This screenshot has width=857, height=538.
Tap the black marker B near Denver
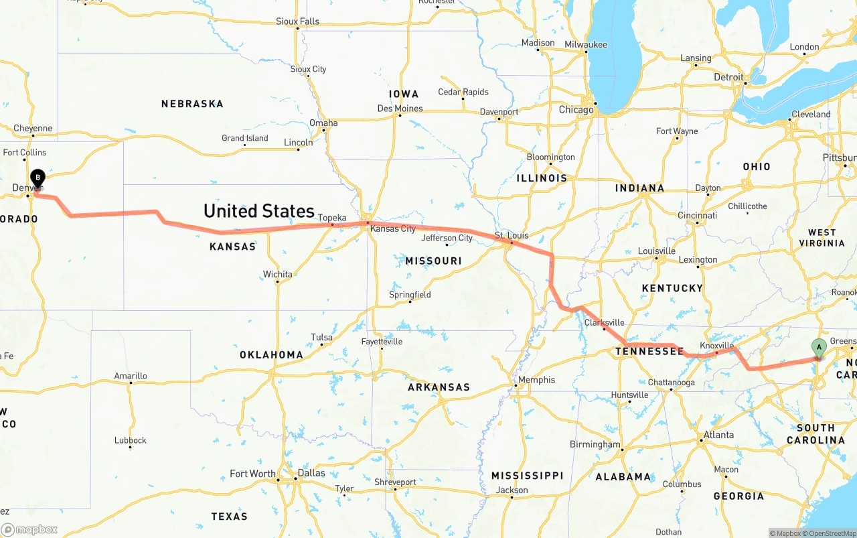click(38, 178)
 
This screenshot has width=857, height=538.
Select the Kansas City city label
click(393, 228)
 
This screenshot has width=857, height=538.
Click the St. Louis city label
click(512, 235)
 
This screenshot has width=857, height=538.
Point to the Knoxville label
click(716, 345)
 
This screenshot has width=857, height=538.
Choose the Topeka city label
click(332, 218)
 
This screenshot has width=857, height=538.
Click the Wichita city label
click(277, 274)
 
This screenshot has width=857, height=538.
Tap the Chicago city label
click(576, 110)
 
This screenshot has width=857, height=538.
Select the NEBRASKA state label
click(192, 104)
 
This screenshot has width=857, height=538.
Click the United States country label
click(259, 211)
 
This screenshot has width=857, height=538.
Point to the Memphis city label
click(536, 380)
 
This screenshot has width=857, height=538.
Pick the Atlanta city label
click(718, 435)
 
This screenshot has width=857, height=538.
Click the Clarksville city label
click(604, 322)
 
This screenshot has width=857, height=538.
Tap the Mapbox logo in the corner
click(29, 529)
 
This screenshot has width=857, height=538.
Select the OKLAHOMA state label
click(271, 354)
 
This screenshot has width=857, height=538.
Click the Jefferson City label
click(447, 238)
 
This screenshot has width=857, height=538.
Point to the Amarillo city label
click(131, 376)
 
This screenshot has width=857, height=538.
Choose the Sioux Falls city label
click(297, 21)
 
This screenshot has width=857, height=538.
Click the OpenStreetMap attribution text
click(830, 533)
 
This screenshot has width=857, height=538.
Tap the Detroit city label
click(728, 77)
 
